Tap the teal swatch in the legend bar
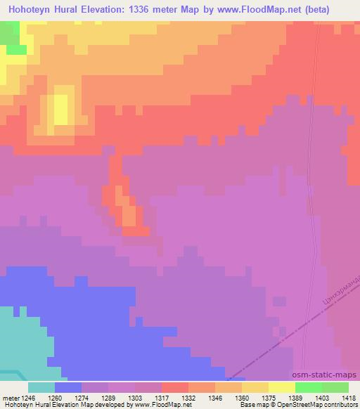coord(41,387)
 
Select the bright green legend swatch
coord(309,387)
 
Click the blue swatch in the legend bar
coord(68,387)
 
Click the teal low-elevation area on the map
coord(28,344)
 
